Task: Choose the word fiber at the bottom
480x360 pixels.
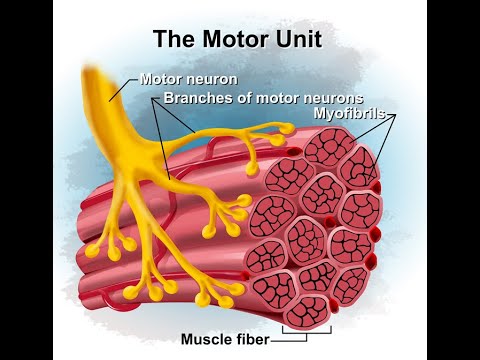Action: [x=254, y=339]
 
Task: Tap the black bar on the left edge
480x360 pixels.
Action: [x=26, y=180]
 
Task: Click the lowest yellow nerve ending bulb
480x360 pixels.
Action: [x=205, y=301]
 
